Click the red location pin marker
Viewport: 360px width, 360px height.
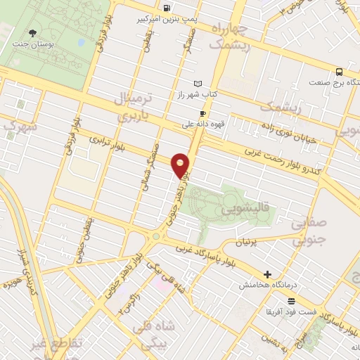pyautogui.click(x=181, y=165)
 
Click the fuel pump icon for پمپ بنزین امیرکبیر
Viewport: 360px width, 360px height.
pyautogui.click(x=166, y=8)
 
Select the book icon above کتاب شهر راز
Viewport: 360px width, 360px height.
pyautogui.click(x=198, y=82)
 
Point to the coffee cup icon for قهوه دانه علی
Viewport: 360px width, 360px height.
pyautogui.click(x=202, y=113)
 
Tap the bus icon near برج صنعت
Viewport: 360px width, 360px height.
pyautogui.click(x=339, y=72)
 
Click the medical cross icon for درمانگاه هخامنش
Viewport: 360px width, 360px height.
pyautogui.click(x=267, y=274)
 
